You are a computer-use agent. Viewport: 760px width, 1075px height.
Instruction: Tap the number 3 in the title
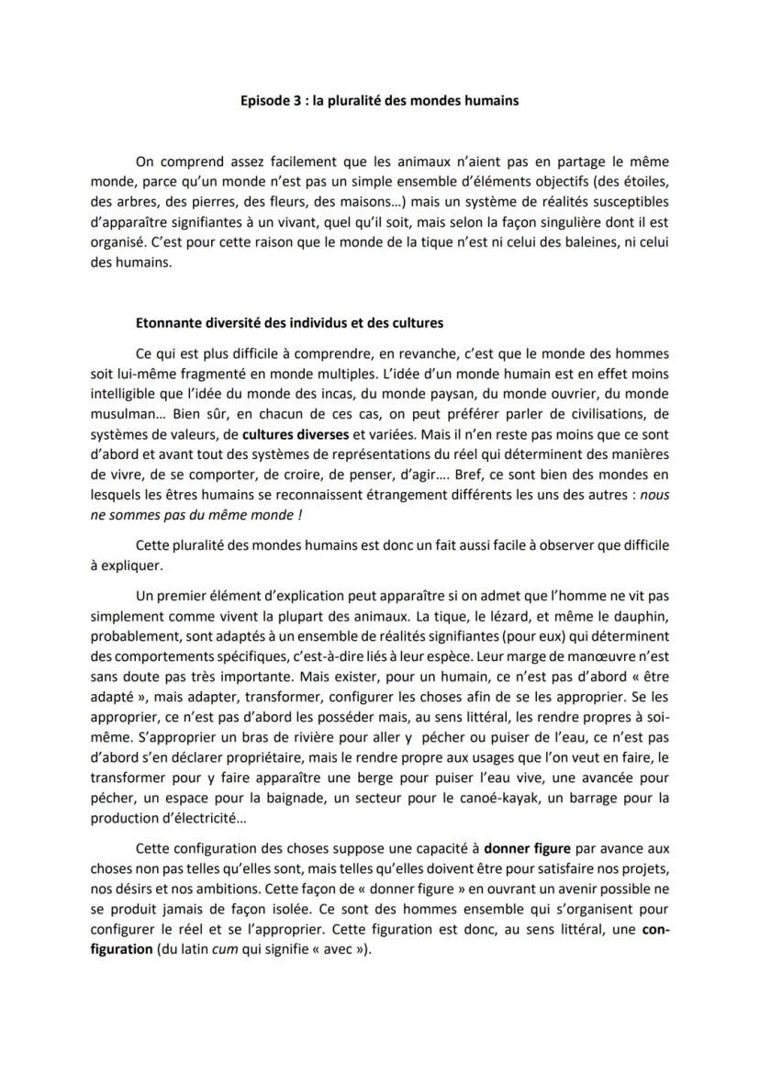pyautogui.click(x=296, y=101)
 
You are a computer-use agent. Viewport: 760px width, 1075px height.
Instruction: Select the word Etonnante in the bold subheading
pyautogui.click(x=167, y=322)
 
